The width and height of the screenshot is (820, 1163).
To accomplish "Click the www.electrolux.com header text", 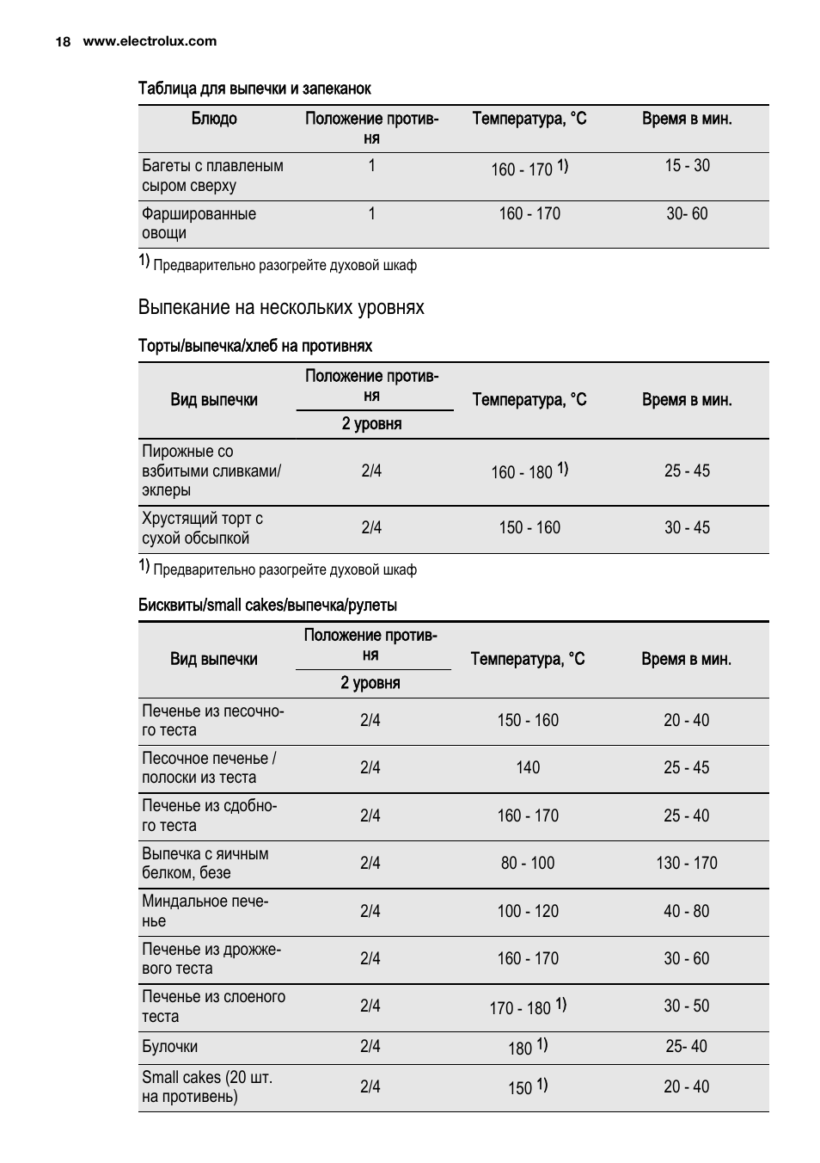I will pos(150,41).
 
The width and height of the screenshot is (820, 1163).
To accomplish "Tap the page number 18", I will pos(63,41).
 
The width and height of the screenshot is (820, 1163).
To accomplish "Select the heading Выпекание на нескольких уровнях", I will pos(281,307).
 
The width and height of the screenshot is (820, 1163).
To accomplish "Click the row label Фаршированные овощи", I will pos(199,224).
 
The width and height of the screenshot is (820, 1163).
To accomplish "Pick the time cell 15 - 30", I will pos(687,165).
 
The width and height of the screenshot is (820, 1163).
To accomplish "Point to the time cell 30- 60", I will pos(687,213).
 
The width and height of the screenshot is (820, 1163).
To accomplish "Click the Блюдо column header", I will pos(214,119).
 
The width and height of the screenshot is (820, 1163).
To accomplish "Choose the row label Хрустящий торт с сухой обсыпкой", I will pos(202,528).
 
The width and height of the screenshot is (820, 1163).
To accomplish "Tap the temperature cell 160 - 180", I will pos(522,472).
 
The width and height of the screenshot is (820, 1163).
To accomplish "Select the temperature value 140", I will pos(528,767).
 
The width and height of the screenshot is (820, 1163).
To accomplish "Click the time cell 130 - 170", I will pos(687,863).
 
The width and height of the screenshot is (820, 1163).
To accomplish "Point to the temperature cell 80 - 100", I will pos(528,863).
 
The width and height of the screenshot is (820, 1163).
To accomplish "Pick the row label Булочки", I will pos(169,1047).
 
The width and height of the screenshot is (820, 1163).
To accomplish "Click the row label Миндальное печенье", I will pos(205,911).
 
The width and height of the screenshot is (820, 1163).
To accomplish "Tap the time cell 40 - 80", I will pos(687,911).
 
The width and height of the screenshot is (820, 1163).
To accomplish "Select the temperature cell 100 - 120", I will pos(528,911).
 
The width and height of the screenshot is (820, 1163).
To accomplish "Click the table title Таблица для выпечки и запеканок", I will pos(254,89).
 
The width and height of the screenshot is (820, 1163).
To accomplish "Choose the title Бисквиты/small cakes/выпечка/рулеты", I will pos(267,606).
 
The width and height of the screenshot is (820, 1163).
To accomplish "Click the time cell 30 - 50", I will pos(687,1006).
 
